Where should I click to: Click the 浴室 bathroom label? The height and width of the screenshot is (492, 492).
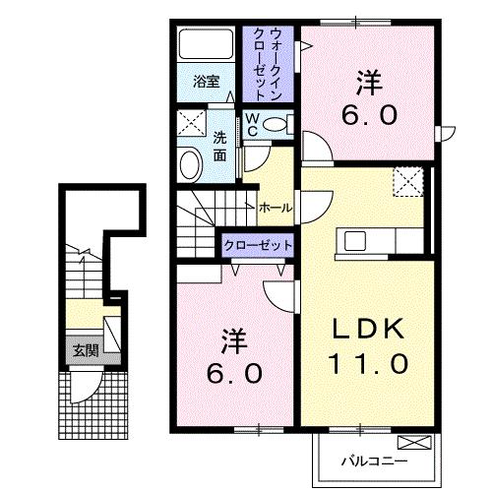click(x=206, y=82)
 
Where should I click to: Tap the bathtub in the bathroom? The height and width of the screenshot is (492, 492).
click(x=206, y=44)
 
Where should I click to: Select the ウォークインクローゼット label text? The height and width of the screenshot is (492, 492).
click(x=268, y=64)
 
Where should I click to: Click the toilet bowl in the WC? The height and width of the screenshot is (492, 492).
click(x=275, y=125)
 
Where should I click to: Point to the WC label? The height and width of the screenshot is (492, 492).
click(x=252, y=125)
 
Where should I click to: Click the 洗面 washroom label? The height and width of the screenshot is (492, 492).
click(x=219, y=146)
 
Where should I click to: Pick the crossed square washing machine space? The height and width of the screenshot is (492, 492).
click(x=192, y=123)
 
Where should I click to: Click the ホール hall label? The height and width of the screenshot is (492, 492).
click(x=276, y=208)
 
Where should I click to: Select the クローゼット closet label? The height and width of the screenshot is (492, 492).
click(x=258, y=245)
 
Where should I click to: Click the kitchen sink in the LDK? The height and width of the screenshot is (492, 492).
click(x=355, y=240)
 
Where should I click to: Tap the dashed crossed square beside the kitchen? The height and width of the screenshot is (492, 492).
click(x=408, y=182)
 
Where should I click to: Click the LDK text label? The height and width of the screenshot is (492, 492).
click(x=368, y=329)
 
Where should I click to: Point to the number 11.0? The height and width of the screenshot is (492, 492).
click(x=369, y=363)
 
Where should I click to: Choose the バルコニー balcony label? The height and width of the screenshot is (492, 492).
click(x=374, y=461)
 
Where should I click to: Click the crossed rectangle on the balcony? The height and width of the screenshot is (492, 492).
click(x=414, y=442)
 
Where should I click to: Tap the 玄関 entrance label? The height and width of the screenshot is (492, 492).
click(x=86, y=351)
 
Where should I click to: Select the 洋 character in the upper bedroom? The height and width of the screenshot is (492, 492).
click(x=370, y=83)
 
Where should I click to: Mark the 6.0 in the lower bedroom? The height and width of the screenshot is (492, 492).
click(x=235, y=374)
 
